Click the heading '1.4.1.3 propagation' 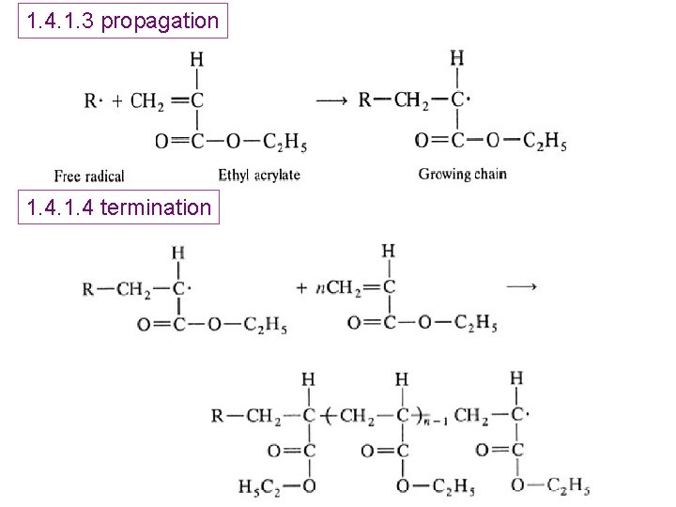pyautogui.click(x=123, y=20)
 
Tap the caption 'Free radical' pyautogui.click(x=89, y=176)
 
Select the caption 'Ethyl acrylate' pyautogui.click(x=259, y=175)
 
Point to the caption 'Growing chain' pyautogui.click(x=462, y=174)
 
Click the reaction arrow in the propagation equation pyautogui.click(x=331, y=100)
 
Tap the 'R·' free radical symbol pyautogui.click(x=92, y=101)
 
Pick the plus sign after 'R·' pyautogui.click(x=116, y=101)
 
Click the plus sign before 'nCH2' pyautogui.click(x=301, y=287)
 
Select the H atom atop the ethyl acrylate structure pyautogui.click(x=196, y=59)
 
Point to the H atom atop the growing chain pyautogui.click(x=457, y=58)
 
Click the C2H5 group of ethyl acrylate pyautogui.click(x=284, y=143)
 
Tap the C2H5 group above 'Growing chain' pyautogui.click(x=545, y=141)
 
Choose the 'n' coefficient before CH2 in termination pyautogui.click(x=320, y=287)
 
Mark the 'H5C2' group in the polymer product pyautogui.click(x=258, y=486)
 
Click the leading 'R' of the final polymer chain pyautogui.click(x=217, y=414)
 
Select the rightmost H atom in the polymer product pyautogui.click(x=516, y=377)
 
